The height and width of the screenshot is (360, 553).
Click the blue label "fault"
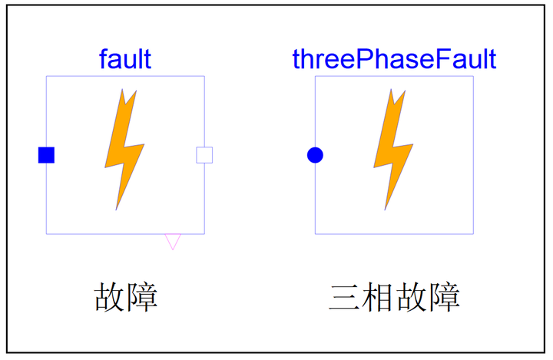coord(125,58)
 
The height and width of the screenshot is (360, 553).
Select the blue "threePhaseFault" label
coord(394,58)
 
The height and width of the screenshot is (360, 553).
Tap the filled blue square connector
coord(46,155)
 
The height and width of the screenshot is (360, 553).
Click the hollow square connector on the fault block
coord(204,155)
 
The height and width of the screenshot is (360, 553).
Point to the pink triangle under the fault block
coord(173,241)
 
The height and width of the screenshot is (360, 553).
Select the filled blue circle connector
coord(315,155)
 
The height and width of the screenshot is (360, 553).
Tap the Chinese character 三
coord(345,297)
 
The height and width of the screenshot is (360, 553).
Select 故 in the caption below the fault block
coord(110,297)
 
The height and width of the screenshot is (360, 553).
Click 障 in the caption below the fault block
coord(143,297)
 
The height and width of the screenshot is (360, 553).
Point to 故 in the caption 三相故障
coord(411,297)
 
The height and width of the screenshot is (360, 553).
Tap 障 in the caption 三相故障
coord(444,297)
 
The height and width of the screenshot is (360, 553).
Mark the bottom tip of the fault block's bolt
coord(117,209)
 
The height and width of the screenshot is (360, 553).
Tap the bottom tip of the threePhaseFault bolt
coord(386,209)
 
